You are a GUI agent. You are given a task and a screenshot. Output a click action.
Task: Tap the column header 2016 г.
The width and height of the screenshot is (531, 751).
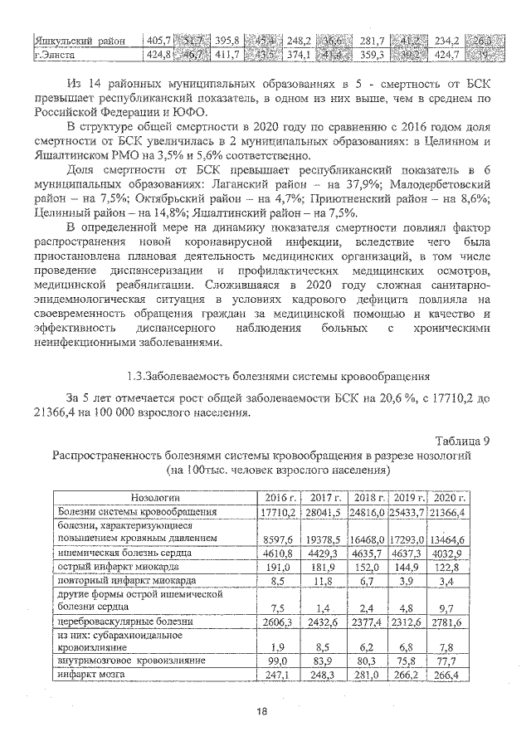click(280, 496)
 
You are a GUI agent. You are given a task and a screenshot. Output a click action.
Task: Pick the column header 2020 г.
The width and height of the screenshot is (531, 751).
click(452, 496)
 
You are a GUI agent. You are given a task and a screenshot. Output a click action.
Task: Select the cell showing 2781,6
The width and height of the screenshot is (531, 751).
click(452, 622)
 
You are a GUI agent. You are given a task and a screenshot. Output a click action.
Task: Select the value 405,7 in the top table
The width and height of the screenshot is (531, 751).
click(158, 40)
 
